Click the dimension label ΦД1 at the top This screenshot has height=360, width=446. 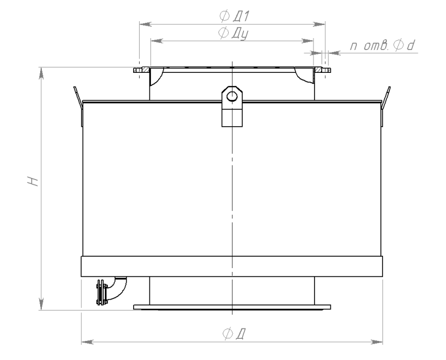(x=234, y=16)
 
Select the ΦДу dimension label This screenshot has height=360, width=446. (x=233, y=33)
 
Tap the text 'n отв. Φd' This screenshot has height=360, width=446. (x=382, y=46)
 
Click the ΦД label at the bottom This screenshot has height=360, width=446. (x=234, y=333)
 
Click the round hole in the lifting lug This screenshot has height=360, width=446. (x=232, y=96)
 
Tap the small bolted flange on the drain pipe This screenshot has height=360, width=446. (x=100, y=292)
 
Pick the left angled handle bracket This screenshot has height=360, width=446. (x=78, y=106)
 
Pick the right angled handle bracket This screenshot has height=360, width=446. (x=385, y=106)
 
